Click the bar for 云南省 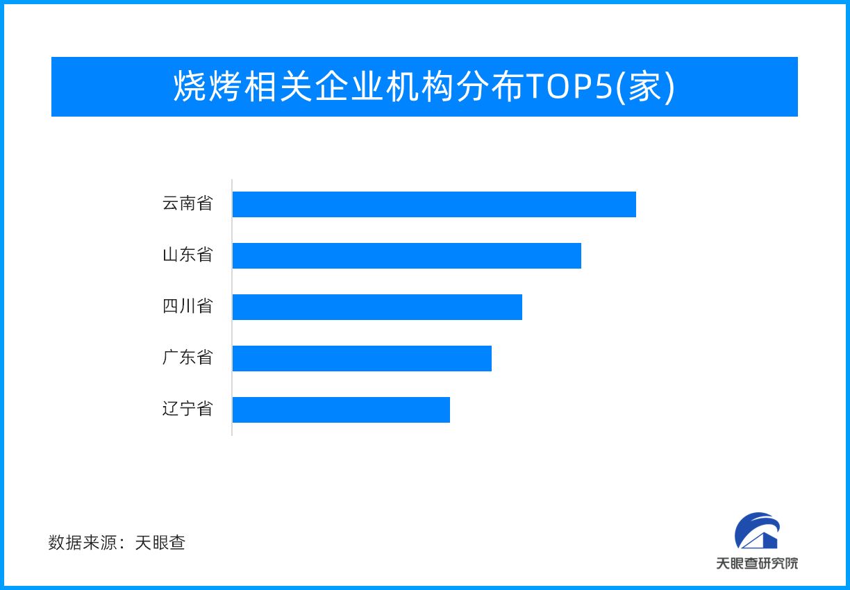click(434, 204)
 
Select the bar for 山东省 click(406, 255)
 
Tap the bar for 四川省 click(377, 307)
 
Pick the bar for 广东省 click(362, 358)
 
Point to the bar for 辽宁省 click(341, 410)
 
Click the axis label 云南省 click(187, 204)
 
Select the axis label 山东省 click(187, 255)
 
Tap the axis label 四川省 click(187, 307)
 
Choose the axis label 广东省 click(187, 358)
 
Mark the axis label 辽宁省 click(187, 410)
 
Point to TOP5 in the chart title click(569, 87)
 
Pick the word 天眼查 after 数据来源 click(160, 543)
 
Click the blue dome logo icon click(757, 531)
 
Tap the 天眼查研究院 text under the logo click(757, 563)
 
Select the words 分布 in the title click(490, 87)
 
